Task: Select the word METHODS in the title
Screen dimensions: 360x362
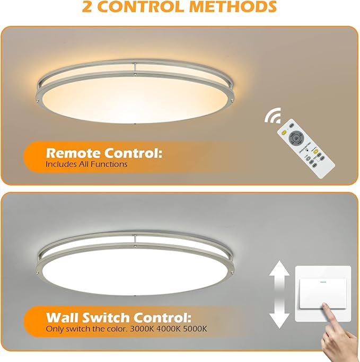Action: (x=233, y=6)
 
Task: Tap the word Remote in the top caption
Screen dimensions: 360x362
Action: (x=74, y=153)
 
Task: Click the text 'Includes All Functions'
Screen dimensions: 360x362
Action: (x=86, y=164)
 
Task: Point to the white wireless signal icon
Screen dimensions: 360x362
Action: (x=273, y=115)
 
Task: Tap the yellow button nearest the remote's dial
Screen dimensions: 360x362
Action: (x=284, y=133)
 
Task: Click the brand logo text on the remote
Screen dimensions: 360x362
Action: (x=305, y=147)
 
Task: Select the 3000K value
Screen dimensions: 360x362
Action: (x=142, y=329)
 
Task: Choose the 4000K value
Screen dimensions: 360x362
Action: (x=169, y=329)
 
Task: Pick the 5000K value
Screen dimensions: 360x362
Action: (x=195, y=329)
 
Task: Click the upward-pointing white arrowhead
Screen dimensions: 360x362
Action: (x=279, y=268)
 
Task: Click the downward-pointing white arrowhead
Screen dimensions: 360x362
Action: (x=279, y=321)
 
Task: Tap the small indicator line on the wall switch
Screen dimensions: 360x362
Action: (x=323, y=282)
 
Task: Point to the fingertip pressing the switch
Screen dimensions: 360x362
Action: (x=325, y=306)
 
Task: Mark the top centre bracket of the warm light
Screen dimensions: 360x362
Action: (x=135, y=68)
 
